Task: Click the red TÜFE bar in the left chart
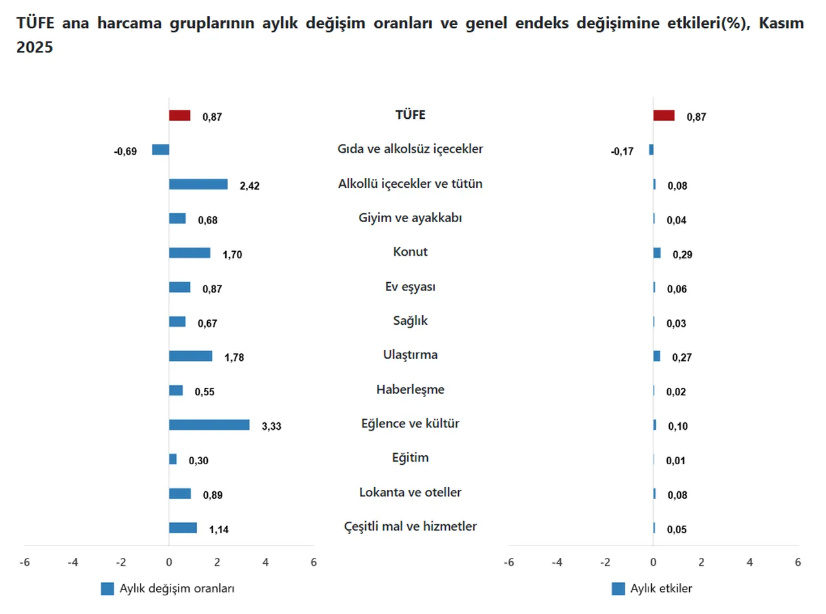179,116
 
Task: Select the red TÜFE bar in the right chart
663,116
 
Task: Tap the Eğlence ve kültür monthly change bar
209,425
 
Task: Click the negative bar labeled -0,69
161,150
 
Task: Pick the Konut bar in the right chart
657,253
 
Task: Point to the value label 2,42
250,186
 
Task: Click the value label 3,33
272,427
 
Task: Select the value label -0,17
622,152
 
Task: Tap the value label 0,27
682,358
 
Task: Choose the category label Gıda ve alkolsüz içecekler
410,149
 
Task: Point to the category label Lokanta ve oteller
410,493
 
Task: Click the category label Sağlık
410,321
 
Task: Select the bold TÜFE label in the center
410,116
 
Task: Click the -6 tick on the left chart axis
25,562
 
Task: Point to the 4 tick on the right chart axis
749,562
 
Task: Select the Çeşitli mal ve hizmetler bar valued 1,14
183,528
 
